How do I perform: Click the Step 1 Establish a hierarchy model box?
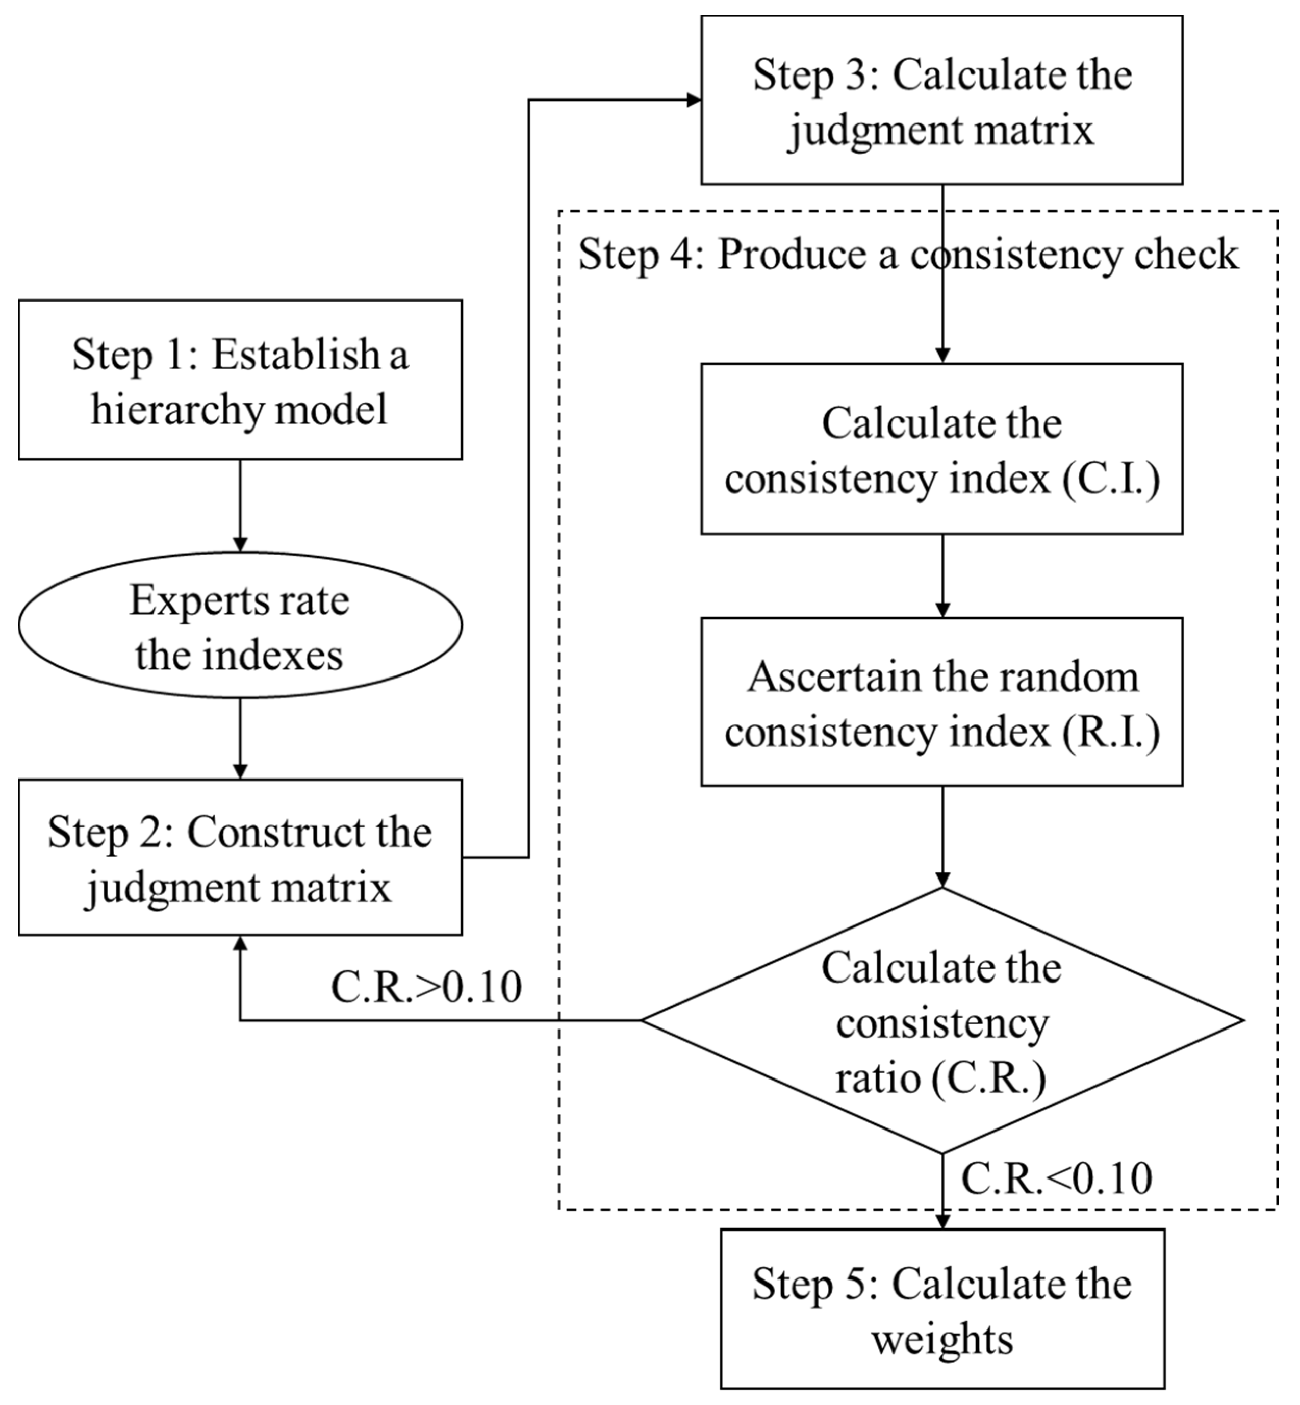click(x=240, y=380)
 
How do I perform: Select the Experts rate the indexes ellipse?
click(x=240, y=625)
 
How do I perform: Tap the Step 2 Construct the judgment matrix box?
click(x=240, y=858)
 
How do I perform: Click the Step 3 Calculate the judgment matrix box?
click(x=941, y=100)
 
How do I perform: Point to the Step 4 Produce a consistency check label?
click(x=907, y=254)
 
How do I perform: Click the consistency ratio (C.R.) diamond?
click(x=941, y=1021)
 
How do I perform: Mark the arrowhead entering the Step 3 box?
click(x=694, y=100)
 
